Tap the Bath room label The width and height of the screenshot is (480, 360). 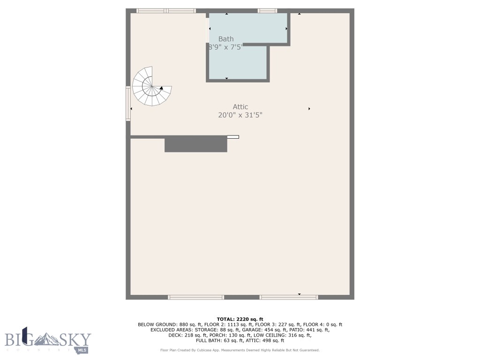coord(225,39)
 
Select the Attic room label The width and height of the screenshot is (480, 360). coord(240,107)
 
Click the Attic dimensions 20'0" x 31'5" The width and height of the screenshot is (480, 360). coord(240,115)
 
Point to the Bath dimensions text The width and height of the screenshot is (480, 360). coord(225,47)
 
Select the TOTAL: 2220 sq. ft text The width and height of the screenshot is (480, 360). coord(240,319)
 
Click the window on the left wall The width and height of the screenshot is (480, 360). coord(128,104)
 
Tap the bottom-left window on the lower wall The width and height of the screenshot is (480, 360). coord(196,297)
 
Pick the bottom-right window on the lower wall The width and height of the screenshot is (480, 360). coord(289,297)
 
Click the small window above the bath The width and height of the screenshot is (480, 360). coord(267,11)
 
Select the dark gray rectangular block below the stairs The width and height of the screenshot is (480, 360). coord(195,145)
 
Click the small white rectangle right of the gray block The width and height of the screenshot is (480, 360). coord(233,137)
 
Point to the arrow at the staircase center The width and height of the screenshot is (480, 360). coord(161,88)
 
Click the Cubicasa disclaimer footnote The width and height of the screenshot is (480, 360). coord(240,350)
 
